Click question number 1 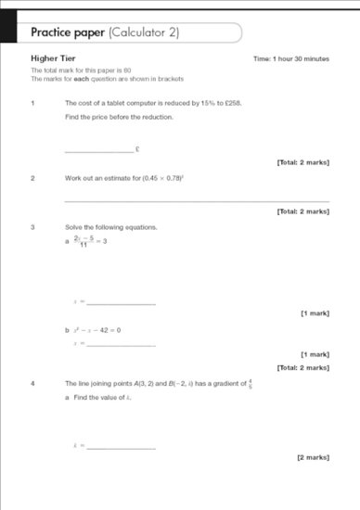(x=32, y=102)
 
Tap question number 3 (x=32, y=227)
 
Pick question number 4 (x=32, y=383)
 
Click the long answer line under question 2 (x=197, y=200)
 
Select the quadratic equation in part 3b (x=97, y=330)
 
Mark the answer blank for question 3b (x=121, y=345)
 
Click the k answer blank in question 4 (x=121, y=447)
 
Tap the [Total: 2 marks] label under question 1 (x=302, y=162)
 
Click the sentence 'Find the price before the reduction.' (x=119, y=117)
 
